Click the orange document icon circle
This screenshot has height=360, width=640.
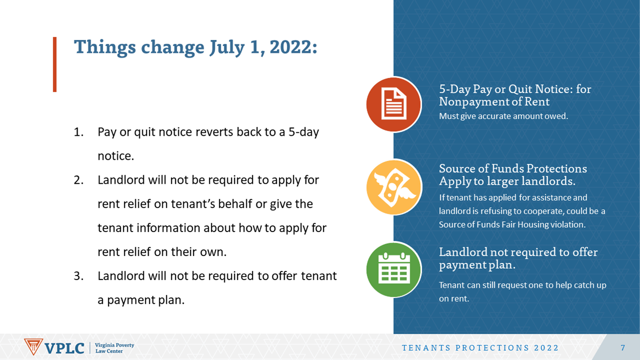click(394, 104)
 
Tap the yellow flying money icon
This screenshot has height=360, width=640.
click(394, 187)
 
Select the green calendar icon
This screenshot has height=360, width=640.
click(394, 269)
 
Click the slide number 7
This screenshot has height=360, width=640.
click(623, 348)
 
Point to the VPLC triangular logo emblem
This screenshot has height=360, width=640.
click(33, 347)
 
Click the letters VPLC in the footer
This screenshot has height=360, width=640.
click(65, 348)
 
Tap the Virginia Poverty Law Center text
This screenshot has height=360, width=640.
click(115, 348)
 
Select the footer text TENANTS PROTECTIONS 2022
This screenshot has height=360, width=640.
click(480, 348)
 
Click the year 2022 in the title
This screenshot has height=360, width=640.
click(293, 47)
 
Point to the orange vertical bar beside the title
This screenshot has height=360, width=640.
click(55, 65)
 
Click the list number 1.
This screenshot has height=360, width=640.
click(78, 132)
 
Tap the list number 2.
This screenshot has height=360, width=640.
click(78, 180)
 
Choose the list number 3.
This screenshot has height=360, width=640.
click(78, 276)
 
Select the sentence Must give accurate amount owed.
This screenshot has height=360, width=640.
click(503, 116)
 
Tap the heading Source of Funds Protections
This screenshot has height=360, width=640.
click(513, 168)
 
